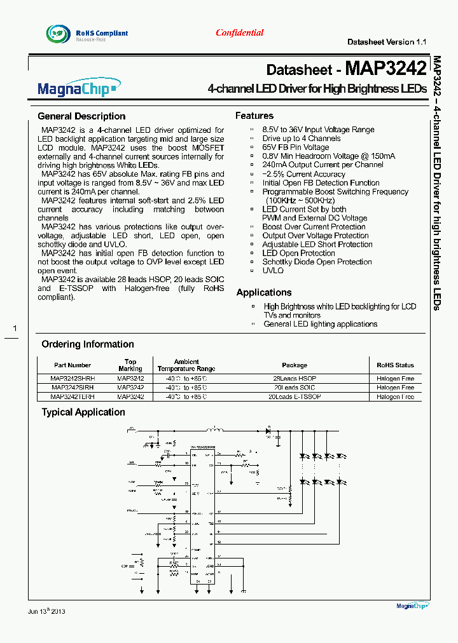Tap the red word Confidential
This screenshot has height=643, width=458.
[239, 32]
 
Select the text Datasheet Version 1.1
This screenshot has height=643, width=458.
[386, 42]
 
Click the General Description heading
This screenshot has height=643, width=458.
[81, 116]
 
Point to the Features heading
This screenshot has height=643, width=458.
[254, 116]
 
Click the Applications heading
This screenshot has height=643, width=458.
[264, 292]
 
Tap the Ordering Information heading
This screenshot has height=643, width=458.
[88, 344]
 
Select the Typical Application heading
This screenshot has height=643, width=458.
[83, 412]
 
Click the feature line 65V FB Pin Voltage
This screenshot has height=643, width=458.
[296, 147]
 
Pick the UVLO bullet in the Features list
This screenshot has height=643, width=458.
[273, 271]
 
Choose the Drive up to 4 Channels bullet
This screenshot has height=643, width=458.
[302, 139]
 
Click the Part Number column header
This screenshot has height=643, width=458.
[73, 365]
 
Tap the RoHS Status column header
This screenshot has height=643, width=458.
[395, 365]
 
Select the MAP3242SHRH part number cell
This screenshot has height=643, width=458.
[73, 379]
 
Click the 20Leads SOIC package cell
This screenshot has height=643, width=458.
[295, 388]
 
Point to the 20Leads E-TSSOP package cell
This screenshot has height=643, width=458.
[295, 396]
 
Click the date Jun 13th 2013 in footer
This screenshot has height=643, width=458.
[46, 611]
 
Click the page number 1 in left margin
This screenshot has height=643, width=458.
[15, 328]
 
